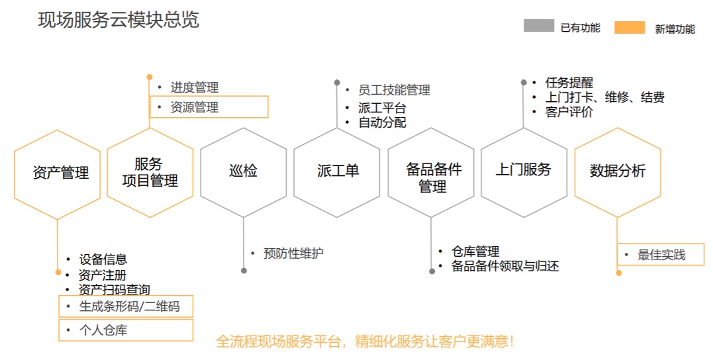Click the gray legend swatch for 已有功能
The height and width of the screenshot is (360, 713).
tap(539, 25)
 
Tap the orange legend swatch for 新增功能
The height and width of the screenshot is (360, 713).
tap(630, 27)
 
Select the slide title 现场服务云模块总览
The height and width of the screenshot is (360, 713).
tap(119, 20)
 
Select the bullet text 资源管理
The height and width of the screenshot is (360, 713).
tap(194, 107)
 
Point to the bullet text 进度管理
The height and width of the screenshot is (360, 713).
tap(194, 87)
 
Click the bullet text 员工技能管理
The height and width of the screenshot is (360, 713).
tap(394, 90)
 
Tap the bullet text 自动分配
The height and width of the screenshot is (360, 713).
tap(382, 122)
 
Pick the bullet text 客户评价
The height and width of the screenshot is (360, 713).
tap(569, 112)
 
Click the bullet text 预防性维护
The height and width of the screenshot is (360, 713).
tap(293, 253)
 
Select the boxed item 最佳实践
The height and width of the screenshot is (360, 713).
tap(660, 255)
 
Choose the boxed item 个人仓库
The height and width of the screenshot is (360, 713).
tap(126, 330)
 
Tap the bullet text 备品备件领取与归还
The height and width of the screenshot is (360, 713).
tap(504, 266)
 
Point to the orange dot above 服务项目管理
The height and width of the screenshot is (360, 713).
tap(150, 77)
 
